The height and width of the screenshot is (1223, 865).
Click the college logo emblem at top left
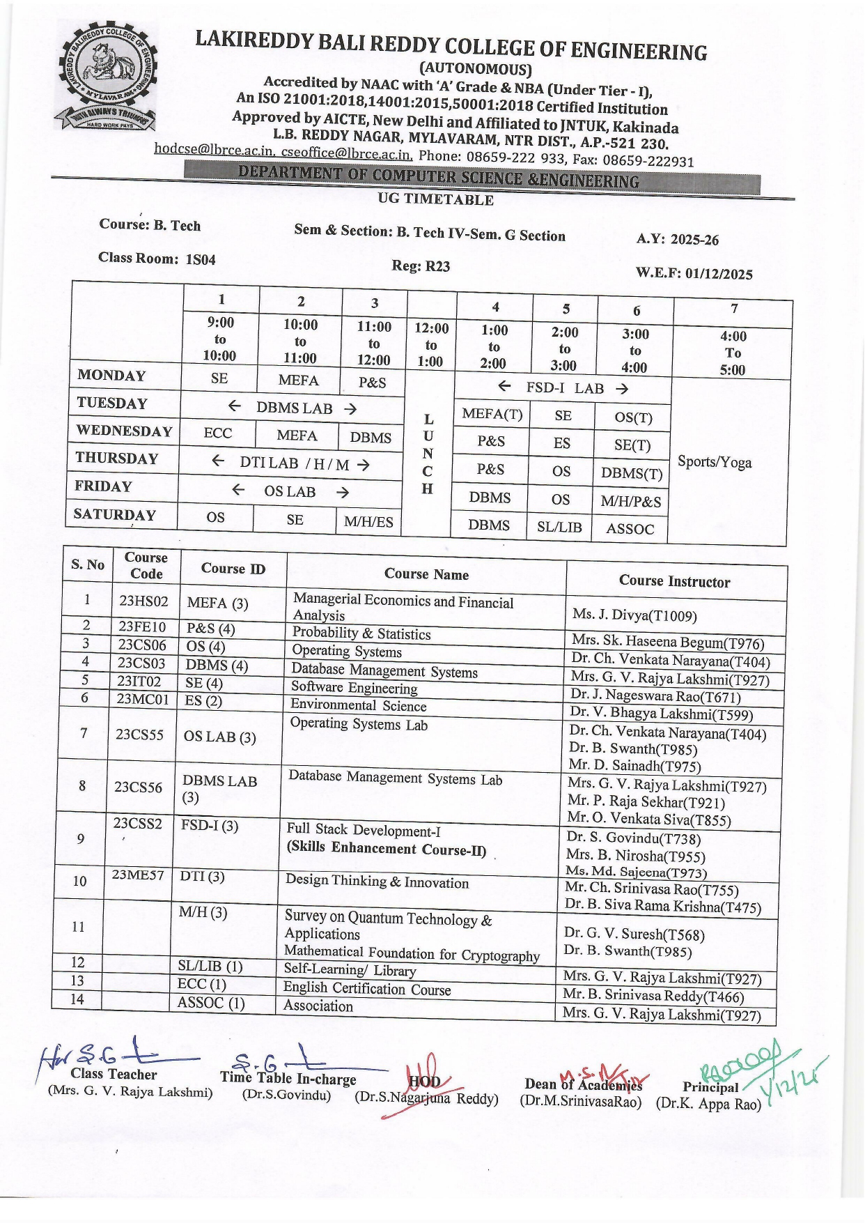pos(108,77)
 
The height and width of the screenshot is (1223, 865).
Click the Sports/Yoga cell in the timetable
pos(715,462)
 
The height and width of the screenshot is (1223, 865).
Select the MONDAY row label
pos(111,376)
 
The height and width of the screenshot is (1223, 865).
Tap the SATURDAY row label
pos(114,515)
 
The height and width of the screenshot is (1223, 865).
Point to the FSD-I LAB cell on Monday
pos(564,388)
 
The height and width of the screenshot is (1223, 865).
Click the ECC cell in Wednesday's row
pos(217,433)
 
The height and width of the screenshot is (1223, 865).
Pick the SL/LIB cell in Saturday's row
pos(559,527)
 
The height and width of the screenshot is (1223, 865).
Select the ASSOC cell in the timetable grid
pos(630,529)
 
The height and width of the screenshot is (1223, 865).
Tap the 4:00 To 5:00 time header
pos(733,353)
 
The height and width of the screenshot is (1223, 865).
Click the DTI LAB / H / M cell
pos(293,463)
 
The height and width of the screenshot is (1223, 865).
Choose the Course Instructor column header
pos(674,581)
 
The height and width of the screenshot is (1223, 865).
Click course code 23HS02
pos(143,601)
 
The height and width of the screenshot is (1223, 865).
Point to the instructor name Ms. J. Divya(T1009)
pos(634,615)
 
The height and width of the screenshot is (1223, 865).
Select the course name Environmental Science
pos(358,705)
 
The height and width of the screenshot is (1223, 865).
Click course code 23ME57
pos(138,875)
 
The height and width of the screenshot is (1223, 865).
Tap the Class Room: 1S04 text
pos(157,259)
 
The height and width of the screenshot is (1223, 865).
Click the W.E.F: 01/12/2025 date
pos(694,273)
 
